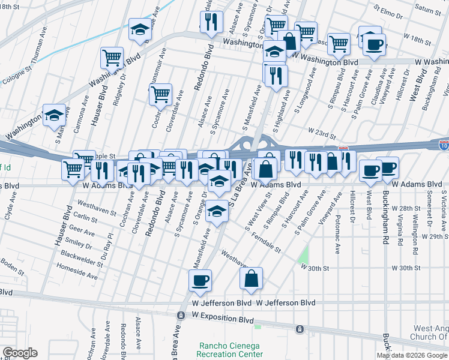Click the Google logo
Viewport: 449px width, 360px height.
click(20, 353)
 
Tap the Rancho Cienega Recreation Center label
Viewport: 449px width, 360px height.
click(231, 350)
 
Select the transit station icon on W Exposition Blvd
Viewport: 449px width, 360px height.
click(180, 315)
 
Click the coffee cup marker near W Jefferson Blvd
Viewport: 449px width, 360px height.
click(200, 280)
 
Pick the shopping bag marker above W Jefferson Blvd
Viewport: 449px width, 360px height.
click(252, 278)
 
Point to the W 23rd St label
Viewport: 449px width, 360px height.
click(320, 130)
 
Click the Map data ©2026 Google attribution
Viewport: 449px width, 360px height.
click(412, 355)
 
